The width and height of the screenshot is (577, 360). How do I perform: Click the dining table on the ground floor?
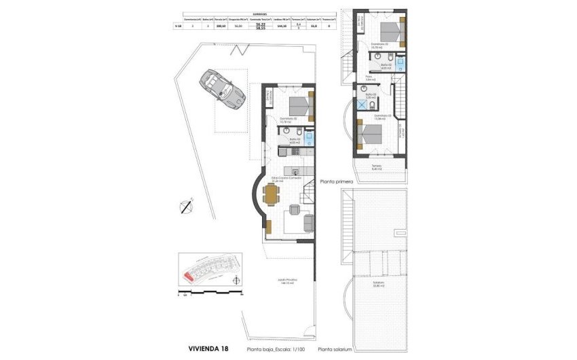coord(272,196)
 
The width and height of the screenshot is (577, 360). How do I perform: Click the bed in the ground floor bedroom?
coord(298,105)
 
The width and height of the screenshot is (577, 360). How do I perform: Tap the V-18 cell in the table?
coord(178,26)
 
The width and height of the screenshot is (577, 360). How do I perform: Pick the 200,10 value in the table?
coord(221,26)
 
